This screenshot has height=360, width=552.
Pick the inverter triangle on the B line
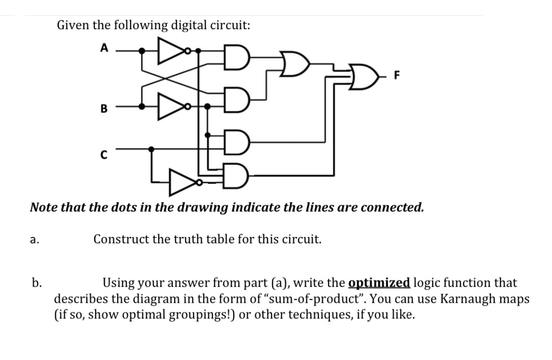pos(168,106)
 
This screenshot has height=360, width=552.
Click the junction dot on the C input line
pos(152,148)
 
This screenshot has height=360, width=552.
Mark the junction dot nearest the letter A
pos(143,51)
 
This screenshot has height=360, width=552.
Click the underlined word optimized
pos(379,283)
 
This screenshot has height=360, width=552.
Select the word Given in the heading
pos(73,25)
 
